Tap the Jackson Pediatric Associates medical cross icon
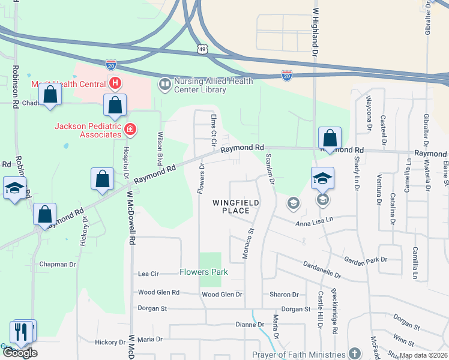pyautogui.click(x=130, y=129)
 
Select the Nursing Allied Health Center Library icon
pyautogui.click(x=164, y=85)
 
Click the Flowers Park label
pyautogui.click(x=203, y=272)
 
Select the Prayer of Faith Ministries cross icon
pyautogui.click(x=355, y=353)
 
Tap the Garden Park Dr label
pyautogui.click(x=367, y=260)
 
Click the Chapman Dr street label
pyautogui.click(x=57, y=264)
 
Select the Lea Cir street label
pyautogui.click(x=148, y=274)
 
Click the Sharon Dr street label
pyautogui.click(x=284, y=295)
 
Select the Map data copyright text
pyautogui.click(x=423, y=355)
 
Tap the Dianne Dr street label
pyautogui.click(x=249, y=325)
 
